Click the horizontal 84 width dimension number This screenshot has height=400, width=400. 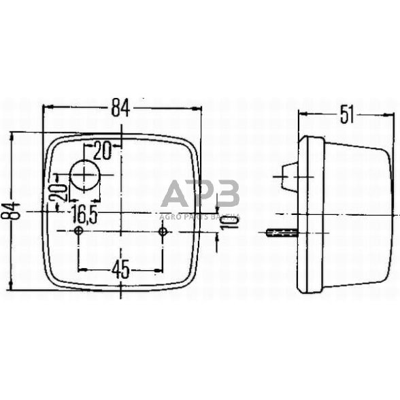[120, 107]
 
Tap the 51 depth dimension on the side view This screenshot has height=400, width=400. [347, 116]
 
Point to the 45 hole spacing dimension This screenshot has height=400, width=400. [120, 269]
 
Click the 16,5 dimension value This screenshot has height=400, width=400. [85, 216]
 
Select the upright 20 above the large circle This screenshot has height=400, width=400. [102, 150]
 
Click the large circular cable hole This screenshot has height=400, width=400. [85, 177]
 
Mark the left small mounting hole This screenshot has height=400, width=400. [79, 233]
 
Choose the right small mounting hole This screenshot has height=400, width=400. [163, 233]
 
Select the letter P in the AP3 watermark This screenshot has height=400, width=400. [202, 195]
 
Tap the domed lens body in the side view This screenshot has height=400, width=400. [354, 211]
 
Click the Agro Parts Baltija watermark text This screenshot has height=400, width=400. [200, 216]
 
